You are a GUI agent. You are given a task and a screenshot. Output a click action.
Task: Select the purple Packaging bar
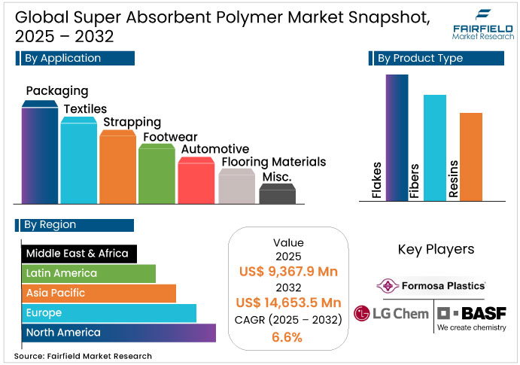[x=39, y=154]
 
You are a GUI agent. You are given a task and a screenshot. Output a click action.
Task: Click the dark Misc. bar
[x=277, y=193]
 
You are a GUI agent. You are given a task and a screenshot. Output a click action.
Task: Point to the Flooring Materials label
[x=273, y=162]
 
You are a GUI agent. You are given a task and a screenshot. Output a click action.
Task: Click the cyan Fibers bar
[x=434, y=147]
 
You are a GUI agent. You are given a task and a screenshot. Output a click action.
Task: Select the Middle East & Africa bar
[x=79, y=254]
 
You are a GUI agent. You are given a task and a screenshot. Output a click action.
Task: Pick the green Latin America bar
[x=88, y=273]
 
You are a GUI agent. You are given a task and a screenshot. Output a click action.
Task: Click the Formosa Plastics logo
[x=432, y=286]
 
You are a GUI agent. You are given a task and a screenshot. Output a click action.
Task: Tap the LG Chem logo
[x=391, y=313]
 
